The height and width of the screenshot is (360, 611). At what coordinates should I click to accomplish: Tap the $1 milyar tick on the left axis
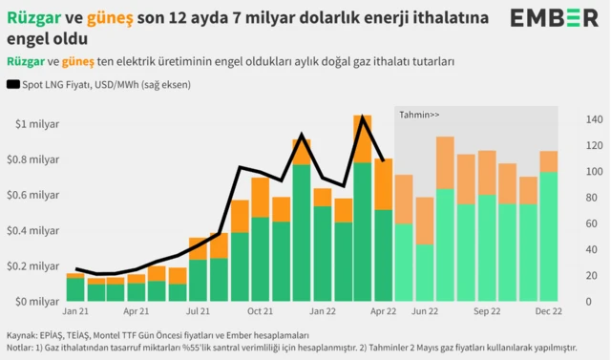[x=35, y=124]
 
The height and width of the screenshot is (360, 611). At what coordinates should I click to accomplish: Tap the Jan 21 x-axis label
[x=76, y=311]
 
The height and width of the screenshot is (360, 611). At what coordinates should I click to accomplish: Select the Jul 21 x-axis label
[x=198, y=311]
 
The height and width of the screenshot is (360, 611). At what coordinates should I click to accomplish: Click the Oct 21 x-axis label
[x=261, y=311]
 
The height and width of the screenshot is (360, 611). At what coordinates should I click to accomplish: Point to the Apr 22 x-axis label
[x=383, y=311]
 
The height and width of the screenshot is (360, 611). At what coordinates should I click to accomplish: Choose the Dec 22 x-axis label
[x=549, y=311]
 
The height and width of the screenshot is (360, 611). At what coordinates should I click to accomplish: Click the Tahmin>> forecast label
[x=419, y=115]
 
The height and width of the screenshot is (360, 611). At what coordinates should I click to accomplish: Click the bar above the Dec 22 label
[x=549, y=229]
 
